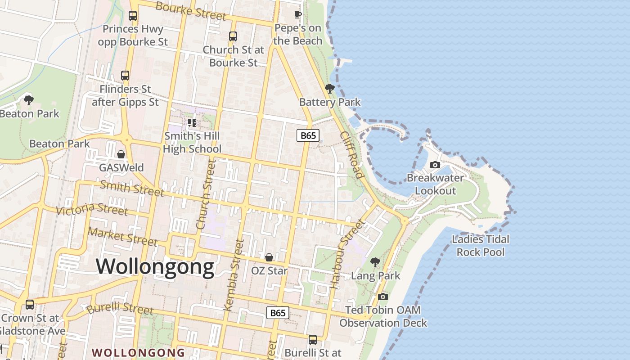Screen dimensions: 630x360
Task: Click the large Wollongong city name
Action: click(155, 266)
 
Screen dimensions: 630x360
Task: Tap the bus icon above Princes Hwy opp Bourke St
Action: click(133, 16)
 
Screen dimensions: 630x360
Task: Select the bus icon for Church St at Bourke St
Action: click(233, 36)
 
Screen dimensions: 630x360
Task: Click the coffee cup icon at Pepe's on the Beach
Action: click(297, 15)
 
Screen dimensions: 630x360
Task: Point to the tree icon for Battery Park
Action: click(329, 88)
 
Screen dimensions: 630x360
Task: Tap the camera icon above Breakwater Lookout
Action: click(435, 165)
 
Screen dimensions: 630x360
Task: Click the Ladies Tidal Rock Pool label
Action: click(481, 246)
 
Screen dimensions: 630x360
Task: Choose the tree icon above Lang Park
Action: click(375, 262)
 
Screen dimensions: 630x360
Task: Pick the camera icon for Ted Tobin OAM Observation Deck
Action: click(383, 297)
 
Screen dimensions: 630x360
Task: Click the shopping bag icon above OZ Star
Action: click(269, 257)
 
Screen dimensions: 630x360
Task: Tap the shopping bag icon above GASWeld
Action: click(121, 154)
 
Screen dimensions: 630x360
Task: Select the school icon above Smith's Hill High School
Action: click(192, 122)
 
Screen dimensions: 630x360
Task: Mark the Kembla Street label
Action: click(234, 275)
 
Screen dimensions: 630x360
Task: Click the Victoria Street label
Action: click(92, 209)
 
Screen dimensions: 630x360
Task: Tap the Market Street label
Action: click(122, 237)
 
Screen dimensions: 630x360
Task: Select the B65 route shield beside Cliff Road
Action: click(308, 135)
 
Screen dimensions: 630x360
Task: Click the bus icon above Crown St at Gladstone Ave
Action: click(30, 305)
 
